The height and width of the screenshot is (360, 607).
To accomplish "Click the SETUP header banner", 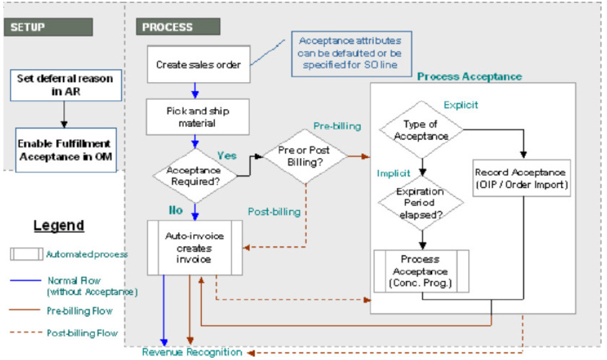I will [x=47, y=27].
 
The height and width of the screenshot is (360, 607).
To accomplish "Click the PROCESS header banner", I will [x=178, y=27].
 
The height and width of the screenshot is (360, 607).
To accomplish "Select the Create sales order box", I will [x=198, y=64].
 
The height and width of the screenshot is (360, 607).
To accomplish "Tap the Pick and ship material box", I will [x=198, y=116].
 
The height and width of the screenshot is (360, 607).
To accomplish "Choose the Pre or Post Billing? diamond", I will [x=304, y=156].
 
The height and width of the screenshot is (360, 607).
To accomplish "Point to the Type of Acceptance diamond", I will [x=421, y=130].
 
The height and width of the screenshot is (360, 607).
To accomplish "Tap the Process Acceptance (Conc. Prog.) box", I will [x=421, y=271].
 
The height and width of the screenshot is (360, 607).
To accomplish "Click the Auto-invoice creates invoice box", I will [x=194, y=247].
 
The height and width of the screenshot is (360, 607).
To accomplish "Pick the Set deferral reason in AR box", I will [x=65, y=85].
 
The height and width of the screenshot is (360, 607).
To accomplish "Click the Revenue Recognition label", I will [x=191, y=353].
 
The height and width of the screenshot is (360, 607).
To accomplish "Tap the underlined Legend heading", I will [x=59, y=225].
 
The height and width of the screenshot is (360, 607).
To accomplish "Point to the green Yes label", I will [x=227, y=155].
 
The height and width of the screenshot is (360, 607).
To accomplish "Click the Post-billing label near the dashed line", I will [x=274, y=212].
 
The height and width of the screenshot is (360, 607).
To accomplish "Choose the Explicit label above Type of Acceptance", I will [x=461, y=105].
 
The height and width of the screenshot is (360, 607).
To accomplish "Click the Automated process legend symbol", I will [x=27, y=254].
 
